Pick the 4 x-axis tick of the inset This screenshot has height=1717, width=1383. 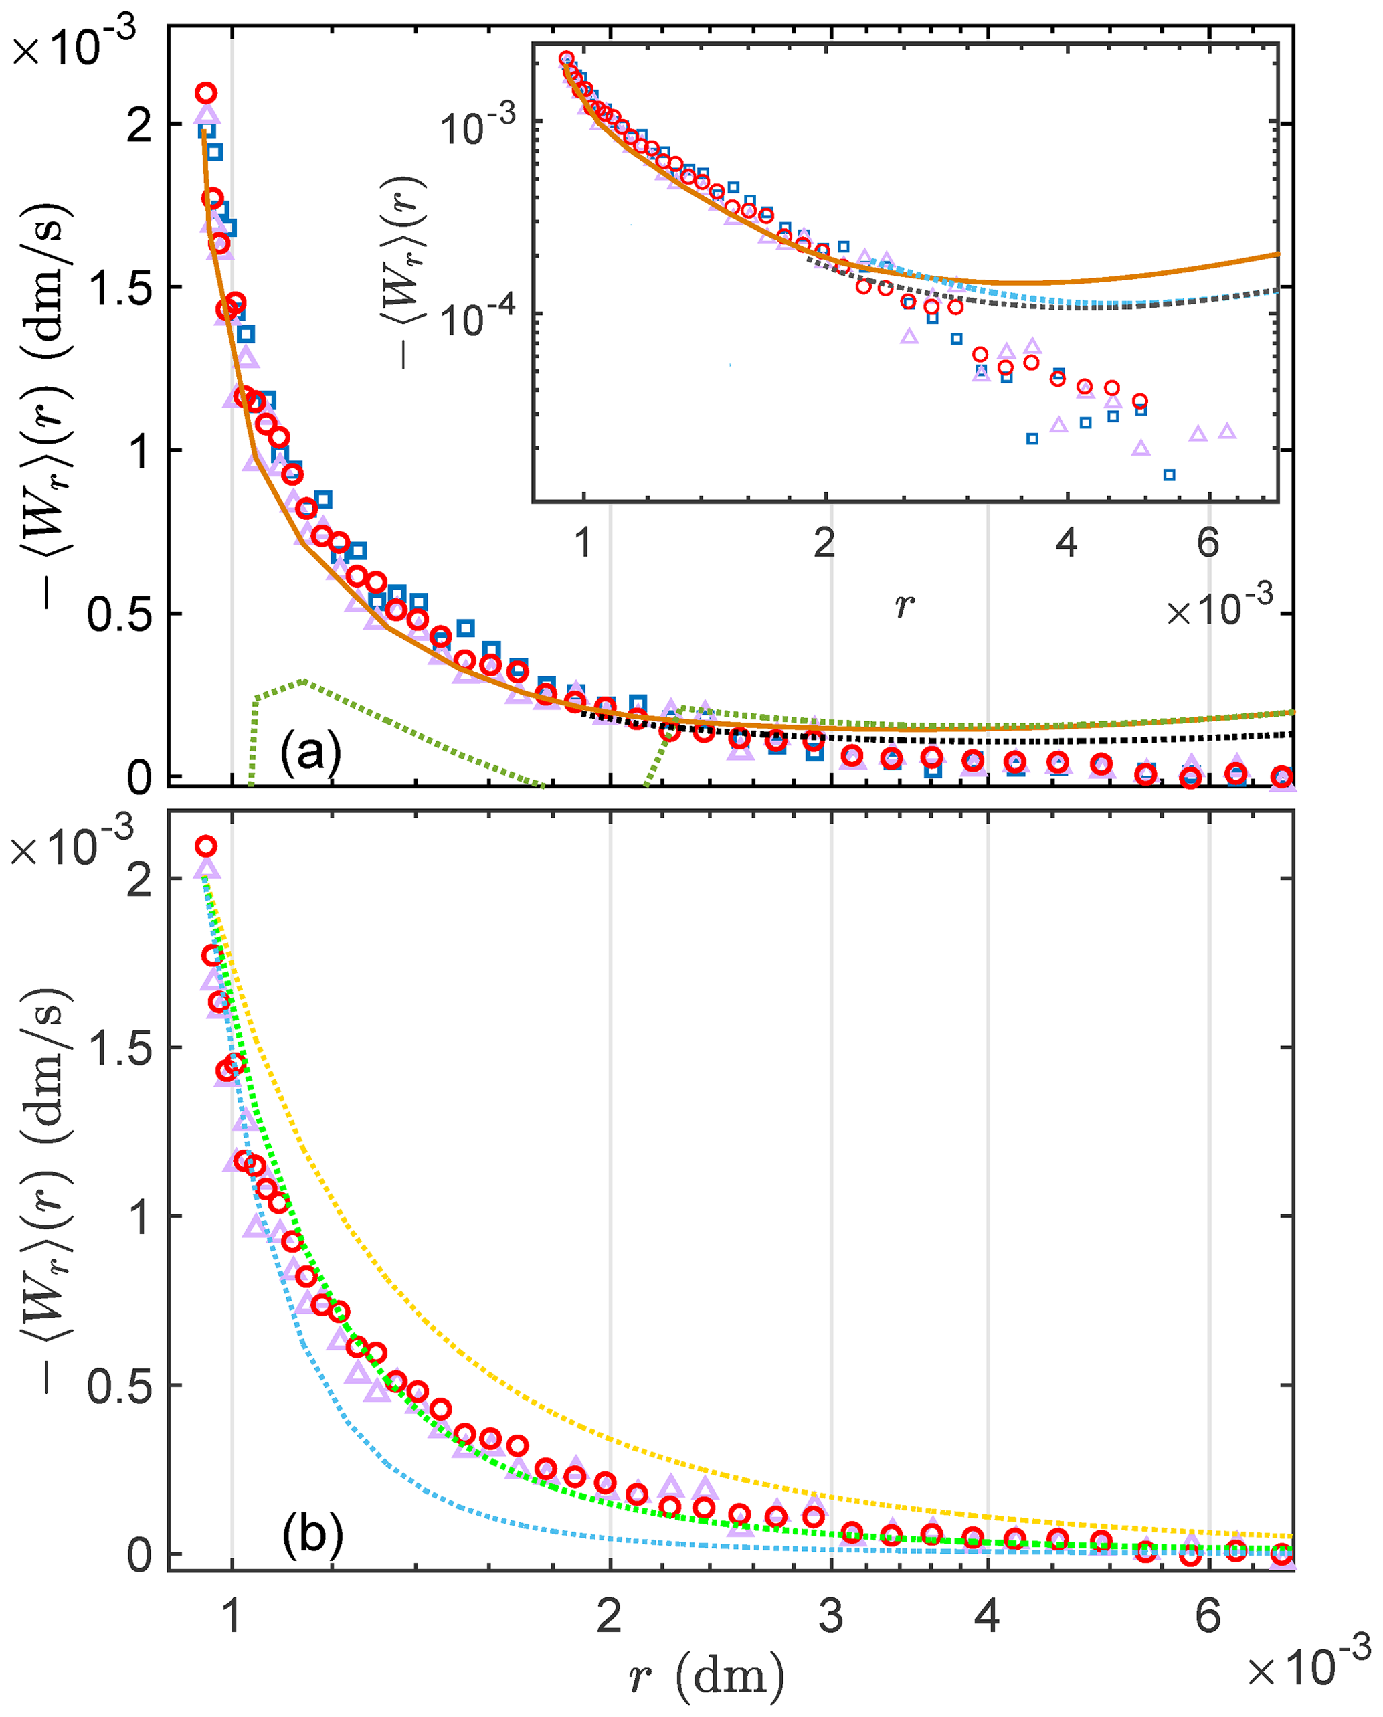(x=1066, y=543)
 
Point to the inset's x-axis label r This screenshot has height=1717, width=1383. (x=903, y=606)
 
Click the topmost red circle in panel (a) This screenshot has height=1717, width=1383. (x=206, y=93)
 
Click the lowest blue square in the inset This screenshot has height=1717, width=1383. (x=1170, y=476)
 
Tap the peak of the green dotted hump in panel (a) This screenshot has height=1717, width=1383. (x=304, y=681)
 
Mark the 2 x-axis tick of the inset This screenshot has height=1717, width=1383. (x=824, y=543)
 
